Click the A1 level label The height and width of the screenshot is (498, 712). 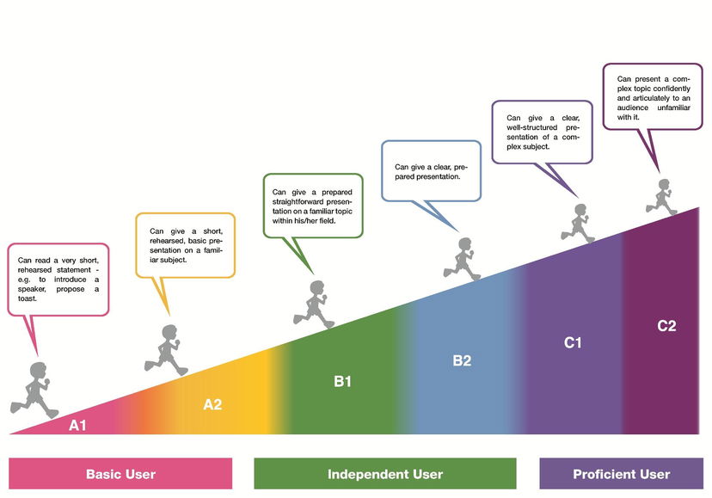[78, 425]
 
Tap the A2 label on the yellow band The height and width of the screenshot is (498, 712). [212, 404]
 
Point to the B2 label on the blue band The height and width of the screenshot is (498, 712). [462, 360]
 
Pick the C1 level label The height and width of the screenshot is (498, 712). [573, 342]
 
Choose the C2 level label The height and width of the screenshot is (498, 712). [666, 326]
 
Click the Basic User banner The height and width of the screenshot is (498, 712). [120, 474]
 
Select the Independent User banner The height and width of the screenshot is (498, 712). [385, 474]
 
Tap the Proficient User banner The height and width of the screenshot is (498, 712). [622, 474]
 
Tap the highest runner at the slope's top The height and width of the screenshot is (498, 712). [663, 197]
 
